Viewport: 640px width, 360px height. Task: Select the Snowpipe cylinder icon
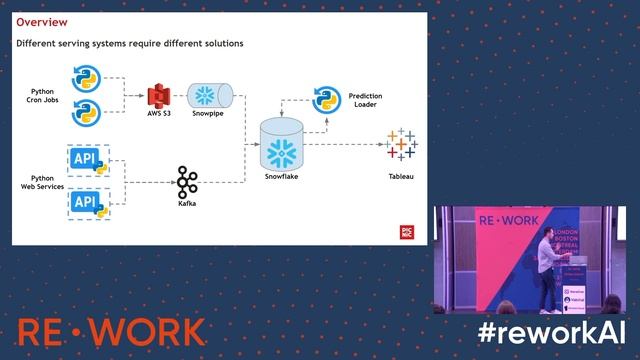click(x=209, y=96)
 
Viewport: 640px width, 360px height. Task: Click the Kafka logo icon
click(x=186, y=182)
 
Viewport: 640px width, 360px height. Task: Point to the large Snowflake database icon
click(x=281, y=145)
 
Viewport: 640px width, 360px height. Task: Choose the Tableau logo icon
click(x=401, y=145)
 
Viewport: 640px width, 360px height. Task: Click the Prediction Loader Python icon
click(x=323, y=96)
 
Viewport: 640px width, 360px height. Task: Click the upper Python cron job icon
click(x=87, y=77)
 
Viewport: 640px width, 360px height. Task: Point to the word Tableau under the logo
click(x=401, y=177)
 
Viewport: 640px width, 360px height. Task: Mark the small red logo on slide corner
click(x=407, y=230)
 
